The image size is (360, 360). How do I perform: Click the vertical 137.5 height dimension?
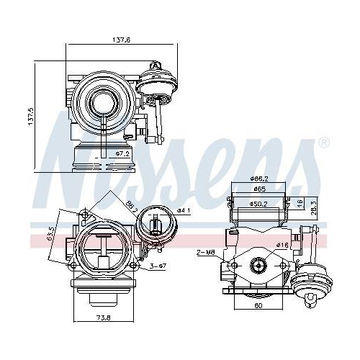[x=30, y=116]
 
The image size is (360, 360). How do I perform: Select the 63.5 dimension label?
[x=49, y=235]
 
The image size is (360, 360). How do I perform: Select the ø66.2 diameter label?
[x=260, y=178]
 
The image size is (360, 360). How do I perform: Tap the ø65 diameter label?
[x=260, y=189]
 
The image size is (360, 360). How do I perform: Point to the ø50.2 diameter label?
[x=260, y=204]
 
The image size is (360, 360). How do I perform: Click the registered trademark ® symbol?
[x=323, y=143]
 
